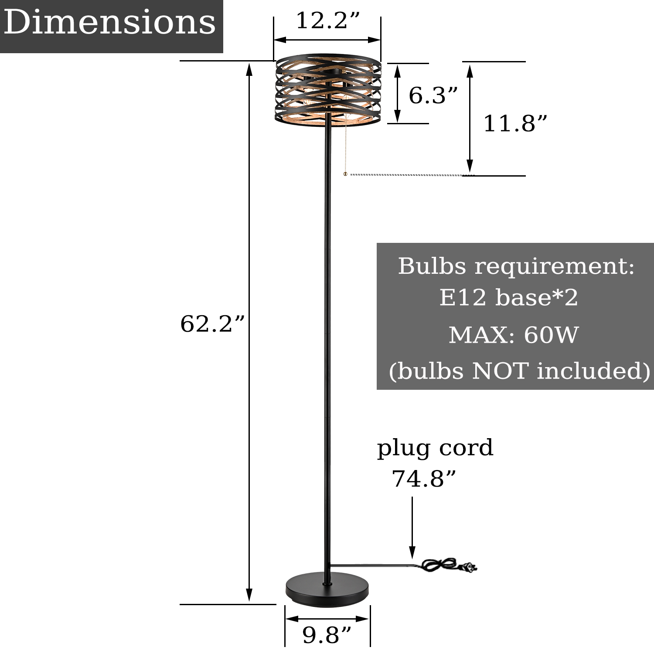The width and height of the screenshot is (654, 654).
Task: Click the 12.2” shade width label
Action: pos(328,20)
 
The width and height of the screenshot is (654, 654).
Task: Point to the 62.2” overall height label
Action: pos(213,324)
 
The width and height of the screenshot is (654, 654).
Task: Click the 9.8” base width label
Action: pos(327,635)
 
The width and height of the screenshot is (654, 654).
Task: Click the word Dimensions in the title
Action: pos(110,23)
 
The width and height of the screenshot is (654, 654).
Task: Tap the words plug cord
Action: pos(435,448)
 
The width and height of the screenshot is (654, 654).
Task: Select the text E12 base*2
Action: pos(508,298)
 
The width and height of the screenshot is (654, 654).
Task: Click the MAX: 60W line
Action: pos(514,335)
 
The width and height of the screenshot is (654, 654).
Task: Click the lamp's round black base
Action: pos(327,591)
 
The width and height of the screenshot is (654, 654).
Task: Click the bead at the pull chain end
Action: pos(345,174)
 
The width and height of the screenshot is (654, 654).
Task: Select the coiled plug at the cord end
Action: pos(449,565)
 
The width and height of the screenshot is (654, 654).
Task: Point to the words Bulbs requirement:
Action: pos(516,266)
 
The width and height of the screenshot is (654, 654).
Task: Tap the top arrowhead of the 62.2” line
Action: pos(249,69)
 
